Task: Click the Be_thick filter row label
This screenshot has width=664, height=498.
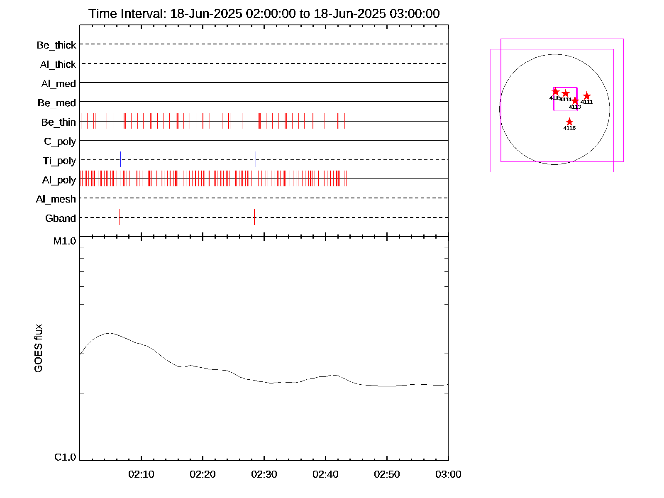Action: [56, 45]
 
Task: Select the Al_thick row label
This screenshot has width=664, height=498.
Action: [58, 65]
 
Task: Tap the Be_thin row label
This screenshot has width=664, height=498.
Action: [59, 122]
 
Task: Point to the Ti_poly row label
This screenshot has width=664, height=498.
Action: [59, 161]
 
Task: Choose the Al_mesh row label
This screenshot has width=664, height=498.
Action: [56, 199]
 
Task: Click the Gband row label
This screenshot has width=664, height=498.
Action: [61, 218]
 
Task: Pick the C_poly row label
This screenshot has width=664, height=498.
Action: [60, 142]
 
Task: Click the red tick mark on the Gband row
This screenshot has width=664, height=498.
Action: [254, 217]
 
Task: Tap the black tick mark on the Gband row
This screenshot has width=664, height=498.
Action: [119, 217]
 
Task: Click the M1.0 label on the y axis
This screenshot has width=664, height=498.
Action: [65, 241]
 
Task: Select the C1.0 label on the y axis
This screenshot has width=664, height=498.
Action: [65, 457]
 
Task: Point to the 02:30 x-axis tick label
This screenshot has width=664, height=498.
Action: [264, 474]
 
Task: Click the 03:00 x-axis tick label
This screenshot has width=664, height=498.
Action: [448, 474]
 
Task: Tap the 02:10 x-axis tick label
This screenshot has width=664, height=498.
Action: [141, 474]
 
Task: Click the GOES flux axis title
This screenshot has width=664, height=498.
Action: [38, 348]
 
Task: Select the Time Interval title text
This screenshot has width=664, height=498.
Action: [264, 14]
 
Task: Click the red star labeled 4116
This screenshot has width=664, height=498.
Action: [569, 122]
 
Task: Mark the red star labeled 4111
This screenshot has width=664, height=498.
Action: [586, 96]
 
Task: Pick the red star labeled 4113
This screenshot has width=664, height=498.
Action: [575, 101]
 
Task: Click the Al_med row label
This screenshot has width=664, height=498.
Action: [59, 84]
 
